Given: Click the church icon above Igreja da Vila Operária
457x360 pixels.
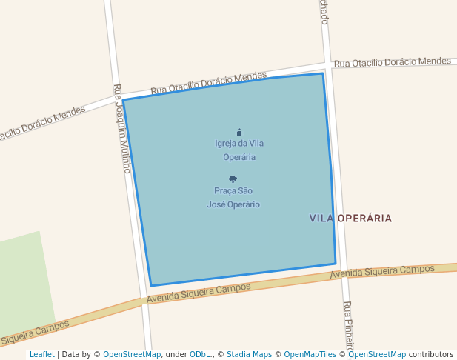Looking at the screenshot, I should point(238,132).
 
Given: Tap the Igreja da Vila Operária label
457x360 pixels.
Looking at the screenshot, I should point(238,150).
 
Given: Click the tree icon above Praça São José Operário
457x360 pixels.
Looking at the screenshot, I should point(233,179).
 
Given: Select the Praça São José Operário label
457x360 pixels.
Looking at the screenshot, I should point(233,198).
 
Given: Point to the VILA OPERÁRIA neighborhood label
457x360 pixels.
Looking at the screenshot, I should point(350,219).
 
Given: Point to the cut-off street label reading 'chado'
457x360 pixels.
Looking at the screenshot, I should point(324,12).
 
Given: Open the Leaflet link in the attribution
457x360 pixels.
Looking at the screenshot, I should point(42,354).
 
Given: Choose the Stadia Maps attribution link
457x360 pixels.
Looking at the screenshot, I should point(249,354).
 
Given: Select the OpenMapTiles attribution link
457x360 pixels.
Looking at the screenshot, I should point(310,354).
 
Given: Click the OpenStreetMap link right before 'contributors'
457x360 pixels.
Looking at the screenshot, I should point(377,354).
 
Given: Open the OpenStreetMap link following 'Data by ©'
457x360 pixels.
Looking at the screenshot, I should point(132,354).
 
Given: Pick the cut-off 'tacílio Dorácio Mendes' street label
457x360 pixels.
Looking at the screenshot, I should point(42,123).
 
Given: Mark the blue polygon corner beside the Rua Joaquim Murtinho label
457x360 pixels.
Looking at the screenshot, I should point(124,100).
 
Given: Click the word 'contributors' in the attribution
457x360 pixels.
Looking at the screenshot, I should point(431,354).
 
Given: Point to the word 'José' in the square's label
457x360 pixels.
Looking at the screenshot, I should point(216,204).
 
